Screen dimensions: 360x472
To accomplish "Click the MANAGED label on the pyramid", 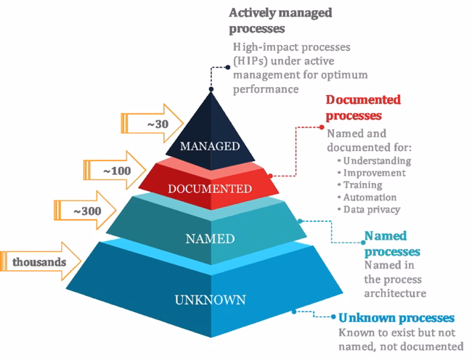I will (x=210, y=146).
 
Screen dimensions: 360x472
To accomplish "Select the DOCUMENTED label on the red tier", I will (x=210, y=189).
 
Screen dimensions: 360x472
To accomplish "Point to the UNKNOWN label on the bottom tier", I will (x=210, y=299).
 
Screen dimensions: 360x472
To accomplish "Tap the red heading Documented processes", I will (x=363, y=107).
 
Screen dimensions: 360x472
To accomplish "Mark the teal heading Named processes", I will (x=391, y=243).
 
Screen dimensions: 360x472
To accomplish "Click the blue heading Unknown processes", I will (x=396, y=318).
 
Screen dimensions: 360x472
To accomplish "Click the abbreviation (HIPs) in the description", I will (x=252, y=61).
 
